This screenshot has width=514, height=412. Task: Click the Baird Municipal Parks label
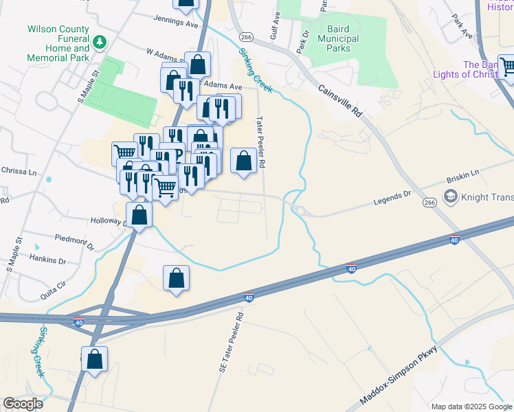330,39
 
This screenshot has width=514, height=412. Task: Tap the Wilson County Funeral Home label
58,44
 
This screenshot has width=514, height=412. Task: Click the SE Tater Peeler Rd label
232,343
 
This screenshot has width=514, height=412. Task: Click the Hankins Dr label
47,261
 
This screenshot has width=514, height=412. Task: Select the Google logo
23,404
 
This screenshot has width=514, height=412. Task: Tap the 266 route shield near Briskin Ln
430,203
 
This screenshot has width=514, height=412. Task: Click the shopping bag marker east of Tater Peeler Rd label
244,161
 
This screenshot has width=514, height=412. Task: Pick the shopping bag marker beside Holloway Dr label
139,215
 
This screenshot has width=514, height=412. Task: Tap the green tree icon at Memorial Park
100,43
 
